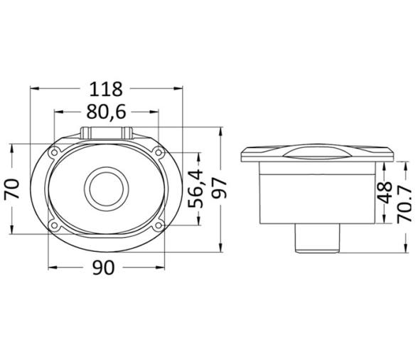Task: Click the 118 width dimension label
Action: tap(106, 90)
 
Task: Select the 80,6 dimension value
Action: tap(106, 112)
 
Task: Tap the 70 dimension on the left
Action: tap(12, 189)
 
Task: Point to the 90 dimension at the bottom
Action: tap(104, 268)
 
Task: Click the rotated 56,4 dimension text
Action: tap(195, 189)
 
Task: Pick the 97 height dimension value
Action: tap(219, 189)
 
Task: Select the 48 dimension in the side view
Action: tap(384, 192)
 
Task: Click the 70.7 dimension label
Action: tap(404, 205)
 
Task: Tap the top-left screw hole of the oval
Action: tap(54, 153)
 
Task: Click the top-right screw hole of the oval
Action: tap(159, 153)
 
